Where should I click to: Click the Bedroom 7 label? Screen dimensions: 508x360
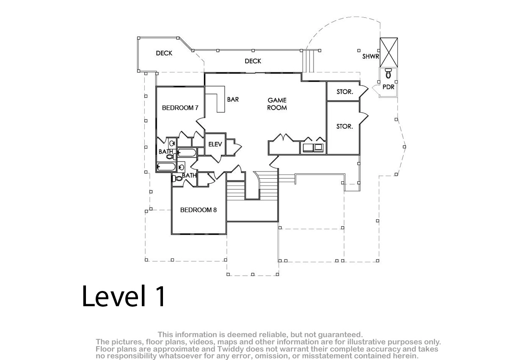pyautogui.click(x=180, y=108)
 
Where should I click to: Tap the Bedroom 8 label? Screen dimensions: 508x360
pyautogui.click(x=199, y=210)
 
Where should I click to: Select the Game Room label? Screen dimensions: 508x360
pyautogui.click(x=277, y=104)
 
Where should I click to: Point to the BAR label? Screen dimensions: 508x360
pyautogui.click(x=233, y=100)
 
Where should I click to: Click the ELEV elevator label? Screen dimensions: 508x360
pyautogui.click(x=215, y=144)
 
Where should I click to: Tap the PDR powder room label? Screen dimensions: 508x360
pyautogui.click(x=389, y=87)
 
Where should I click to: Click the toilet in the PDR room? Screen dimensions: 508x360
pyautogui.click(x=389, y=73)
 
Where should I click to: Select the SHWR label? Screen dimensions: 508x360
pyautogui.click(x=370, y=56)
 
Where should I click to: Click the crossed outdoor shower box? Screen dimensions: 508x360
pyautogui.click(x=389, y=52)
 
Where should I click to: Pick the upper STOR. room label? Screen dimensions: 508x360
pyautogui.click(x=345, y=91)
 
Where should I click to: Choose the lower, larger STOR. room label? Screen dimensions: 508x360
pyautogui.click(x=345, y=126)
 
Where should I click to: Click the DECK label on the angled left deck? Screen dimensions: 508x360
pyautogui.click(x=164, y=53)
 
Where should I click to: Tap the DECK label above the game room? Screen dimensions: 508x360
pyautogui.click(x=253, y=61)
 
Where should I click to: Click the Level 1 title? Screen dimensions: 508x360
pyautogui.click(x=124, y=296)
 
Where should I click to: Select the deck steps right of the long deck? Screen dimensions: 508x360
pyautogui.click(x=309, y=61)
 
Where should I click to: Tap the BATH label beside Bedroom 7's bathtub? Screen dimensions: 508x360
pyautogui.click(x=166, y=151)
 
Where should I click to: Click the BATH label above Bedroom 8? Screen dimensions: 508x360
pyautogui.click(x=189, y=175)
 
